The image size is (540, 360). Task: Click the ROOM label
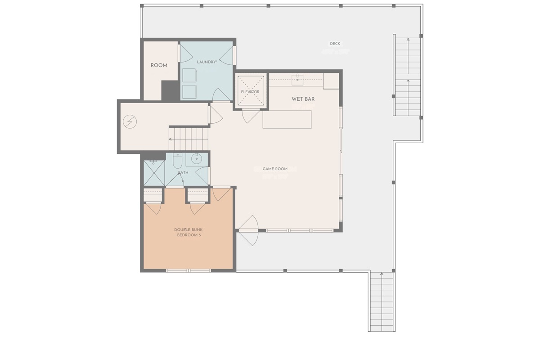pos(159,65)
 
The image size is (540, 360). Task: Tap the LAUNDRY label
pos(207,62)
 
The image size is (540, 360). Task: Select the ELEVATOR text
pos(250,92)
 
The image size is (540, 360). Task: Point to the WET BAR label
pos(303,99)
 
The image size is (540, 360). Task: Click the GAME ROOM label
pos(275,169)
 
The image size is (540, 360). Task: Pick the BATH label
pos(183,172)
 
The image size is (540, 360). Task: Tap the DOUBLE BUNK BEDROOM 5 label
pos(189,232)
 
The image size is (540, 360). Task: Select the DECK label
pos(335,44)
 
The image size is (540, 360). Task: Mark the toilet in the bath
pos(177,161)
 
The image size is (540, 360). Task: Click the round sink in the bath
pos(197,158)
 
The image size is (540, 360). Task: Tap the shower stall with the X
pos(154,173)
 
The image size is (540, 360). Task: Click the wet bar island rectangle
pos(287,119)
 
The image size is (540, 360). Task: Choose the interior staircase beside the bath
pos(189,139)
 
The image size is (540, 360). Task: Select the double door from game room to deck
pos(249,230)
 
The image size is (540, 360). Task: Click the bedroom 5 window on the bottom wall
pos(189,270)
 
